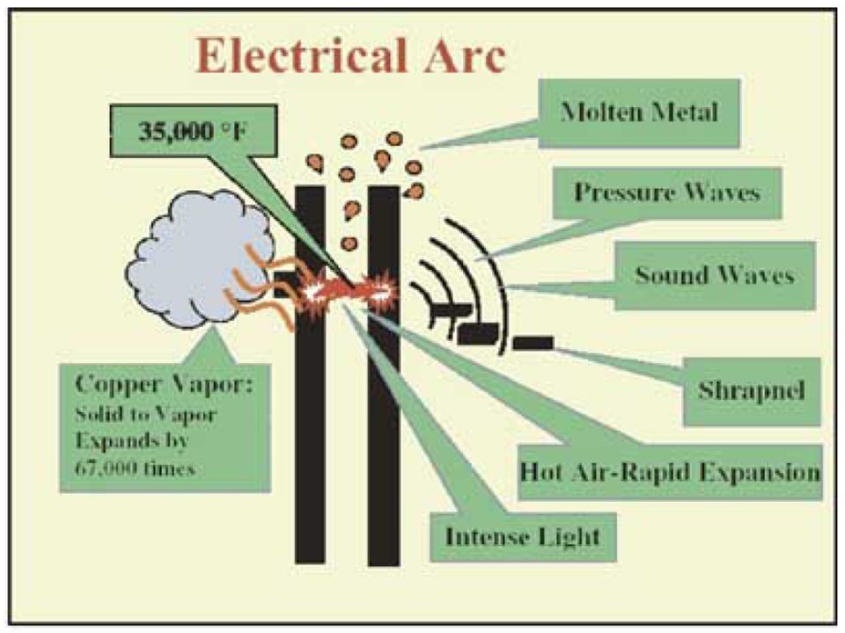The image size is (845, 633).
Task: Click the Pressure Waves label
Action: pos(666,193)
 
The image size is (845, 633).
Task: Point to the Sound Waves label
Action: pos(714,275)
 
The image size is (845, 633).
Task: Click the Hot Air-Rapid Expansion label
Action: pos(670,472)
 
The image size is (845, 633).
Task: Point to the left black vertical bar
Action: pos(310,440)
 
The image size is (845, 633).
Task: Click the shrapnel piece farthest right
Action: pos(532,342)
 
